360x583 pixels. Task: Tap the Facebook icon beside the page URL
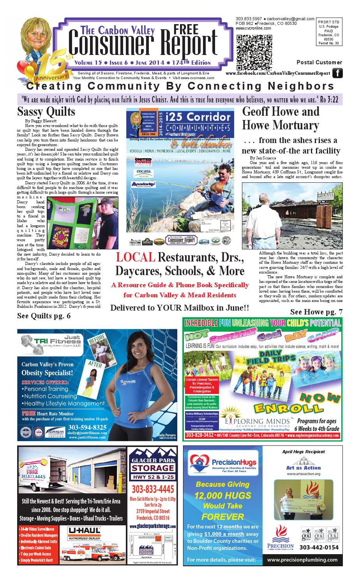[x=337, y=73]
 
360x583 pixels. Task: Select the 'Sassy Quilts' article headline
[x=46, y=111]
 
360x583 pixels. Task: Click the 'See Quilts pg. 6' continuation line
[x=44, y=316]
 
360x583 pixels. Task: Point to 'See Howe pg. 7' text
[x=316, y=312]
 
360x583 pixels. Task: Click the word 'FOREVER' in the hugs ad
[x=222, y=517]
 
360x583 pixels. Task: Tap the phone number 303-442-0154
[x=319, y=548]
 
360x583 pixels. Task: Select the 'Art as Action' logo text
[x=303, y=467]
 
